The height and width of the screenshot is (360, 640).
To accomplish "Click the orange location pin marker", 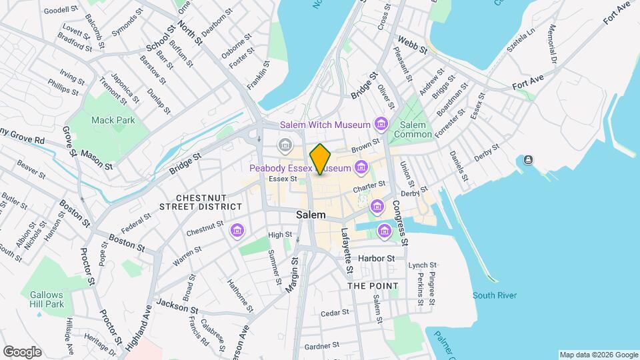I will tap(321, 159).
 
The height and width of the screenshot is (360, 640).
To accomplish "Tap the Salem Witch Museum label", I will tap(325, 125).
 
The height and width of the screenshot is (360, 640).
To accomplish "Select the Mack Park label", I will tap(113, 120).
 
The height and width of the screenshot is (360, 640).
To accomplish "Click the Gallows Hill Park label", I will tap(46, 299).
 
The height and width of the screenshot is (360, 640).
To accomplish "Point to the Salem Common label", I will tap(412, 129).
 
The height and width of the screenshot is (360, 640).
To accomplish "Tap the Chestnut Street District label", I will tap(200, 203).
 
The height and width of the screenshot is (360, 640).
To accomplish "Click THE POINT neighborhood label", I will tap(373, 286).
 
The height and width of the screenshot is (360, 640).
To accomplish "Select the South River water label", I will tap(495, 295).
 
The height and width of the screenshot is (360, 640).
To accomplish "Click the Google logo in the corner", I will tap(21, 352).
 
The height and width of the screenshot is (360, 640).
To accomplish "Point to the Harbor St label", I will tap(376, 258).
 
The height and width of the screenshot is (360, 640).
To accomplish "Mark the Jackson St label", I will tap(177, 307).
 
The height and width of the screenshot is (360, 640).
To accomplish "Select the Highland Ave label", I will tap(139, 328).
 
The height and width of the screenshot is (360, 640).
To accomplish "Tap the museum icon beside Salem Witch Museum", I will tap(381, 123).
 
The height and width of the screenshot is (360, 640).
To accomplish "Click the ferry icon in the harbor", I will tap(529, 159).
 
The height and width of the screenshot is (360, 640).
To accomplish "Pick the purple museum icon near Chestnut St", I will tap(236, 231).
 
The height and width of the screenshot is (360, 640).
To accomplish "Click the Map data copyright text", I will tap(598, 355).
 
